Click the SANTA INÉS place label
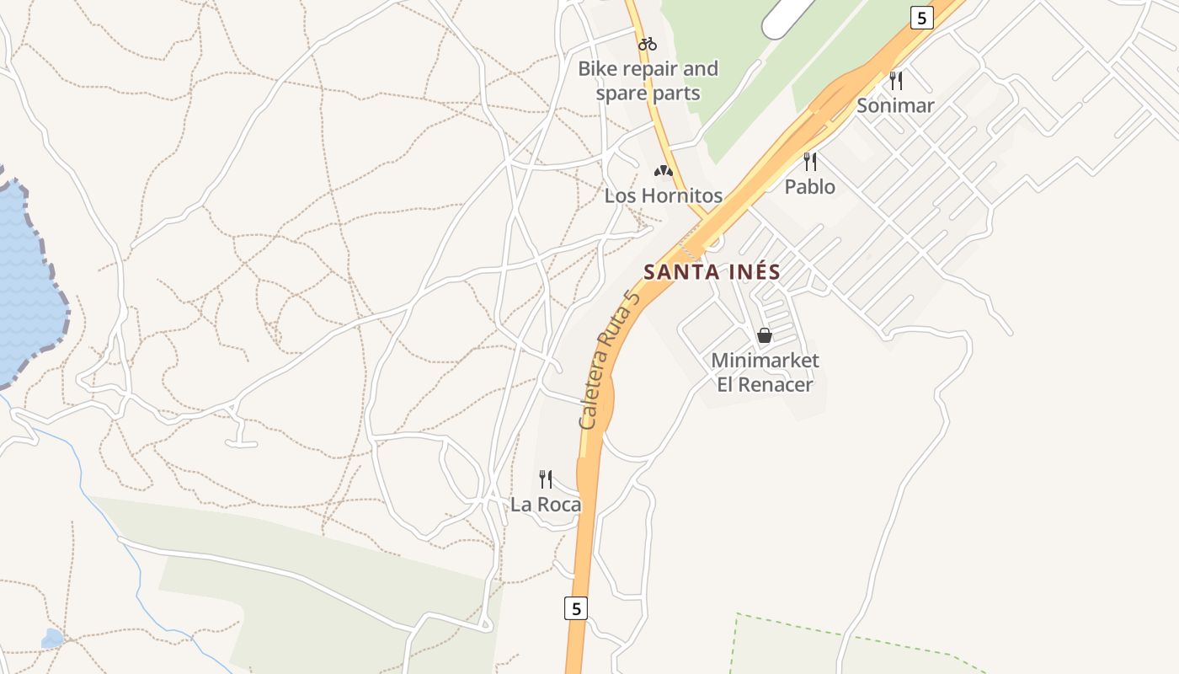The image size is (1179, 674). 712,272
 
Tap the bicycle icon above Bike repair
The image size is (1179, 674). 647,44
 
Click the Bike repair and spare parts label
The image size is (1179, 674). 648,81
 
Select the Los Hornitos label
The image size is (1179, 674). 663,195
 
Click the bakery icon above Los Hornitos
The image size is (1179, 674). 663,171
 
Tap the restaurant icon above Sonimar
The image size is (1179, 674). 896,81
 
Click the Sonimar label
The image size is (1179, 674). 895,106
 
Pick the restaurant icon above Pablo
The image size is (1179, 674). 810,161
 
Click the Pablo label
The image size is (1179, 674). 810,186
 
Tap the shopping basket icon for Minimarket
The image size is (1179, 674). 764,335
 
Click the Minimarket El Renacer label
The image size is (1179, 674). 765,372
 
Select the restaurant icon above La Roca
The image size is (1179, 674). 546,479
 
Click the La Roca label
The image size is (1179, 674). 546,505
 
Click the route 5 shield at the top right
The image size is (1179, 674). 922,17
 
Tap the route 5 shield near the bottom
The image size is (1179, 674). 575,608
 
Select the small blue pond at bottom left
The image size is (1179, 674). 52,639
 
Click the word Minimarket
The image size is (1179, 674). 765,361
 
